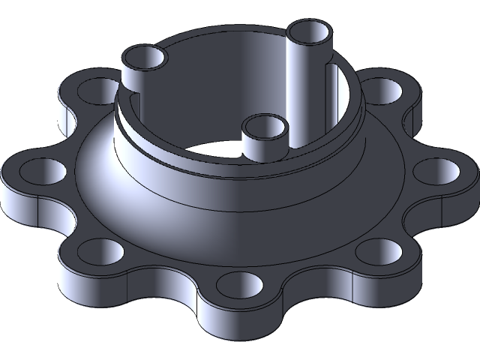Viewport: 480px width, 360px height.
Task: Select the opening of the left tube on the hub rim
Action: pos(144,58)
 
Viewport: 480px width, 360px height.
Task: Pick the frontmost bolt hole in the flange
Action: pos(238,283)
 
